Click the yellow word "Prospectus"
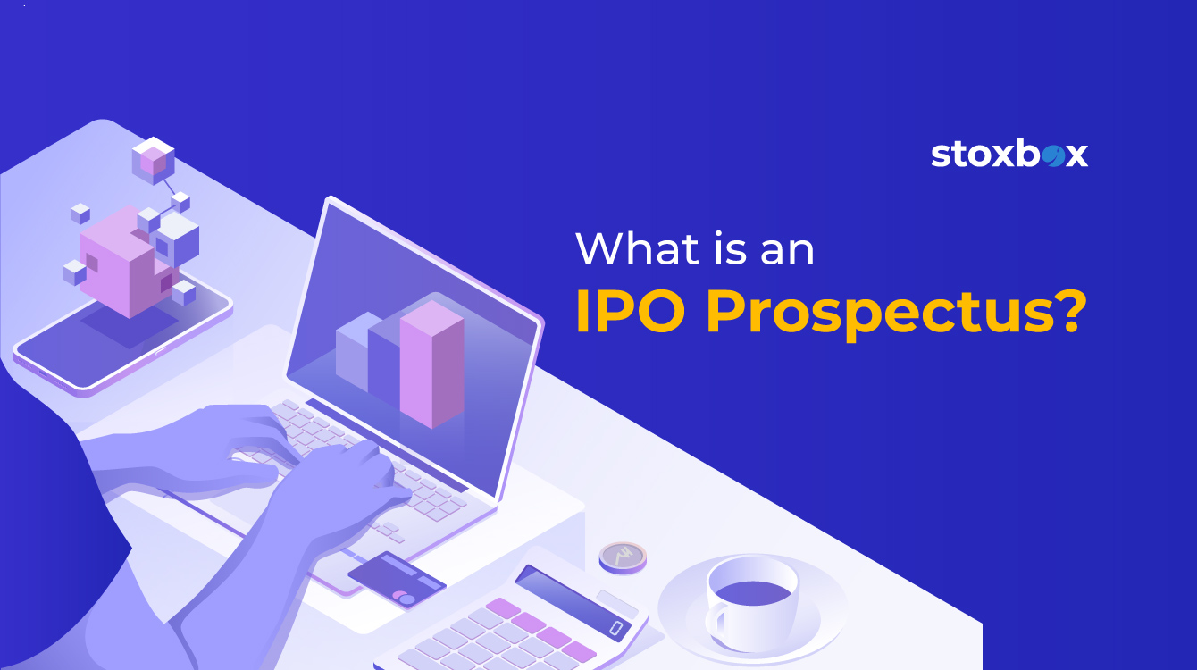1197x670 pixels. pos(879,315)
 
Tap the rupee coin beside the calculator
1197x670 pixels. pos(623,557)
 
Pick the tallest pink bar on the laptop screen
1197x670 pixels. pos(431,364)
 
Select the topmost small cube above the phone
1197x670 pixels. pos(154,160)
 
